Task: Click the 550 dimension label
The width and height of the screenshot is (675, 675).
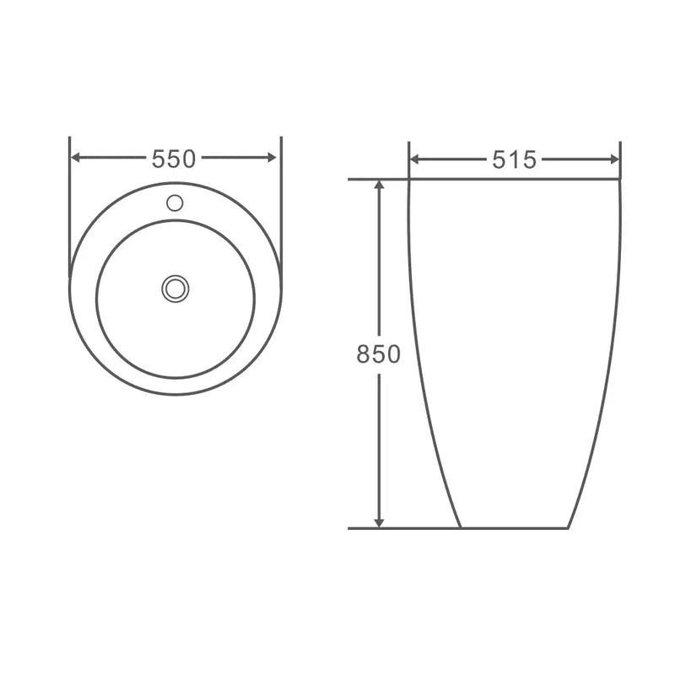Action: point(174,158)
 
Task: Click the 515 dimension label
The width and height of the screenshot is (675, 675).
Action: point(514,159)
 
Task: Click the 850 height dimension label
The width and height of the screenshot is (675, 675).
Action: point(378,354)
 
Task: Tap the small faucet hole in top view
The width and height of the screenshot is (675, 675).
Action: point(175,202)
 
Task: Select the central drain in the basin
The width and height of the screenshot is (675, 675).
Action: point(175,289)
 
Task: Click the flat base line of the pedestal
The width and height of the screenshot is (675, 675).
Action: point(515,528)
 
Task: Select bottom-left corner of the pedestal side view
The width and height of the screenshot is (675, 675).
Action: point(461,528)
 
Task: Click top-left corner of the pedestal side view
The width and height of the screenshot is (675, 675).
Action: point(409,180)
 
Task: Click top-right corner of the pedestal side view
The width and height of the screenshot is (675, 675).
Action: point(620,180)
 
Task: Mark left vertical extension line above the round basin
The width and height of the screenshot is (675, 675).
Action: point(69,202)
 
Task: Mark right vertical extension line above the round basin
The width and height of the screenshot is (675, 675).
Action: point(280,202)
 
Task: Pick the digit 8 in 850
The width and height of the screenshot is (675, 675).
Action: point(363,354)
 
